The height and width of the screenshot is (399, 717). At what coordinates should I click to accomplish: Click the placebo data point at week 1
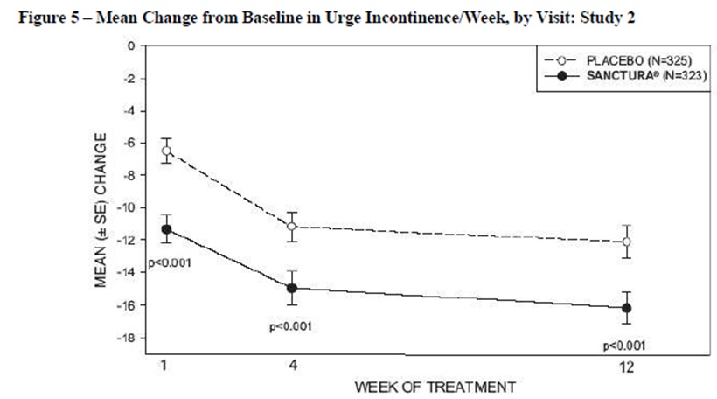click(166, 151)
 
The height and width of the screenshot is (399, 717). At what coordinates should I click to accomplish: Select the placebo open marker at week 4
click(293, 226)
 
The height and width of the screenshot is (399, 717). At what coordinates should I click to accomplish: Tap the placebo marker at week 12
click(625, 241)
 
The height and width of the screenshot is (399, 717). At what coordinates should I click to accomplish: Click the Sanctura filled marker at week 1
click(166, 229)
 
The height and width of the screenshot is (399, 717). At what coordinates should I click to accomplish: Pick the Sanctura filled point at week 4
click(293, 287)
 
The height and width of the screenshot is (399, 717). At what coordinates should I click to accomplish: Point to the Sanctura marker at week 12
click(625, 307)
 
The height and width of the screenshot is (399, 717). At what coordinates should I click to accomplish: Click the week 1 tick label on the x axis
click(164, 365)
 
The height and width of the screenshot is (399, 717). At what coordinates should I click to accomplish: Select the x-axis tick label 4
click(292, 365)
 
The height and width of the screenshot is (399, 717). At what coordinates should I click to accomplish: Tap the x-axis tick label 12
click(624, 365)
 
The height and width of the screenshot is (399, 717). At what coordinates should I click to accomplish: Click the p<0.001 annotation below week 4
click(291, 327)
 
